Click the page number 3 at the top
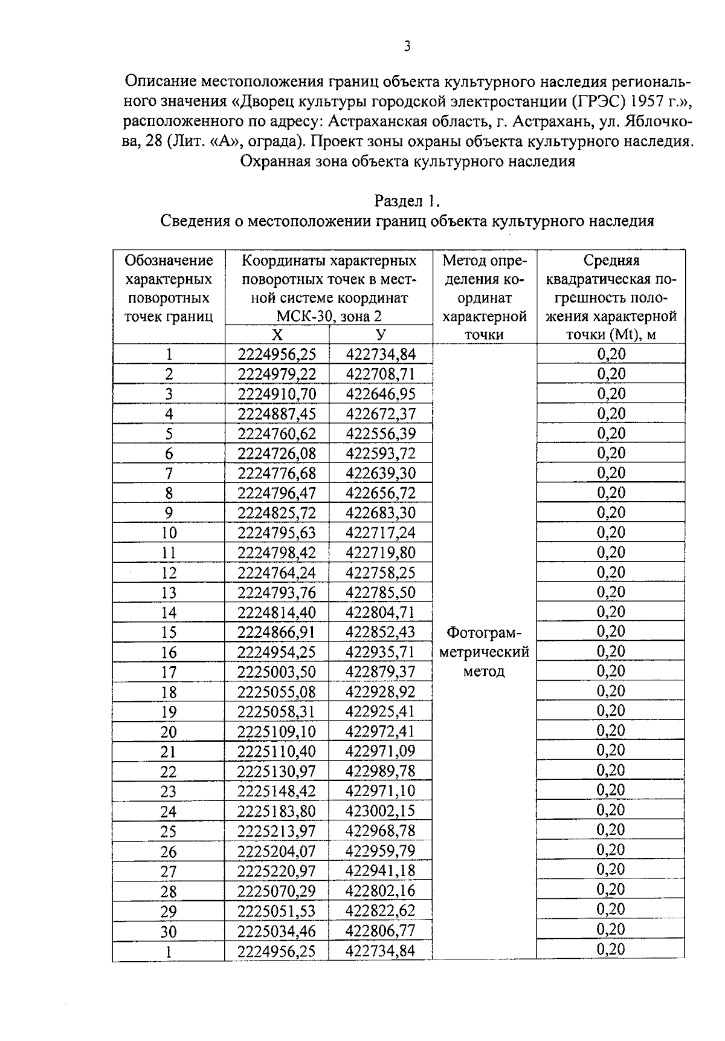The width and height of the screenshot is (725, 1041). click(x=407, y=47)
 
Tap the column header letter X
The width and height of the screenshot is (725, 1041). click(x=277, y=335)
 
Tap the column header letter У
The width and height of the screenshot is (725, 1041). click(x=381, y=335)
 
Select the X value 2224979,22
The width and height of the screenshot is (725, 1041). click(x=277, y=374)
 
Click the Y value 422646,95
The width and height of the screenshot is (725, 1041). click(x=381, y=394)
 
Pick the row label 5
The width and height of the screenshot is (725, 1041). click(x=169, y=434)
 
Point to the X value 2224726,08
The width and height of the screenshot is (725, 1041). click(x=277, y=453)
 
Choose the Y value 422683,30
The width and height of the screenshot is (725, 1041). click(x=381, y=513)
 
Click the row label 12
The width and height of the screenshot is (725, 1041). click(x=169, y=572)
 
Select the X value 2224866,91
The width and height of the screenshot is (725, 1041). click(x=277, y=632)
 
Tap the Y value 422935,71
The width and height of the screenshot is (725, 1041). click(x=381, y=652)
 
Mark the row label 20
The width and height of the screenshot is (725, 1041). click(x=169, y=732)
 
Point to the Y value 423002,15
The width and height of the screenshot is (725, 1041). click(x=381, y=811)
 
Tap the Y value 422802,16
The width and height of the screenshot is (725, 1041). click(x=381, y=890)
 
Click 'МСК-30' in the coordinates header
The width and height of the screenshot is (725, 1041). click(x=300, y=316)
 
